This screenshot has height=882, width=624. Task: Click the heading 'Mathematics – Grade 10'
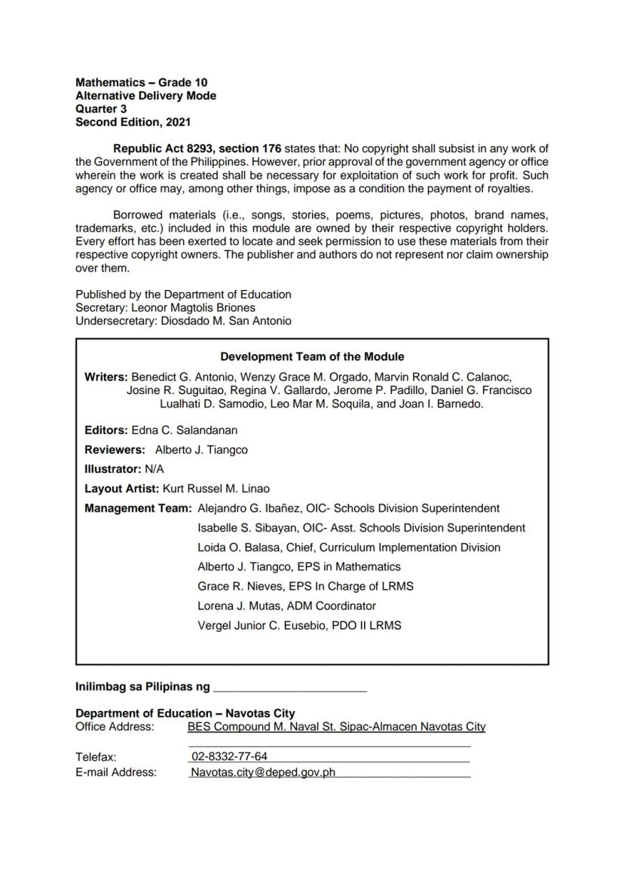(142, 82)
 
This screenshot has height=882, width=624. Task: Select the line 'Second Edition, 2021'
(133, 121)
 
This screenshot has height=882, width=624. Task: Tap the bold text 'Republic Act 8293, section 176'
(197, 148)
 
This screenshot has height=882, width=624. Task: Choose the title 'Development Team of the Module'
(312, 357)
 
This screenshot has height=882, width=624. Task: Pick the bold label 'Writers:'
(106, 377)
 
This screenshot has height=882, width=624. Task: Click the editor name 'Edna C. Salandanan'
(184, 430)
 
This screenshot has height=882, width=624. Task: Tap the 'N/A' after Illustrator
(154, 469)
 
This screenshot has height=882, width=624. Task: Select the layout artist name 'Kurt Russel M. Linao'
(216, 489)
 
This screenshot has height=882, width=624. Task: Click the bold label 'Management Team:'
(138, 508)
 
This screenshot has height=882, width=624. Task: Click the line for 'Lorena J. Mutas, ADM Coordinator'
(286, 606)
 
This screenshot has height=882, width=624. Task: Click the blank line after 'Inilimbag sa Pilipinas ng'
(290, 688)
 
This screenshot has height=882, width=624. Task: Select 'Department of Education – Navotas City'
(185, 713)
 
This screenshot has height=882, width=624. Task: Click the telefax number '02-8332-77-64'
(229, 756)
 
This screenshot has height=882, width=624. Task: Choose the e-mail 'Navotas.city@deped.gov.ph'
(262, 772)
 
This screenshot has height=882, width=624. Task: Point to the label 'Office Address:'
(115, 727)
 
